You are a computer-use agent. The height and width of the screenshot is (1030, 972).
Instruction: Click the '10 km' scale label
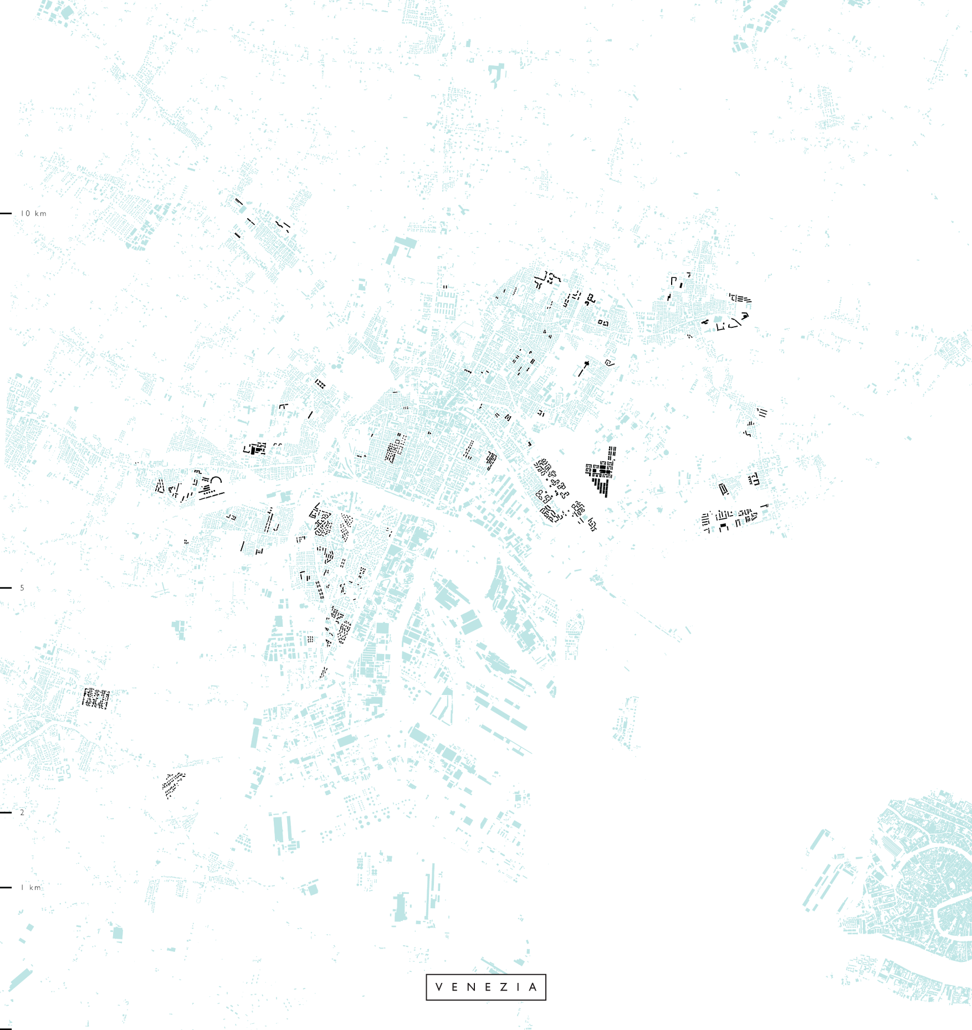tap(33, 213)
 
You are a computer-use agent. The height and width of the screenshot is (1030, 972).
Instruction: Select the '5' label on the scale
tap(22, 588)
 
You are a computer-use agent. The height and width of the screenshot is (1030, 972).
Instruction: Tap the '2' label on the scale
tap(22, 812)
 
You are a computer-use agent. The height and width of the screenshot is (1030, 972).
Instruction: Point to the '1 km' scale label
tap(31, 887)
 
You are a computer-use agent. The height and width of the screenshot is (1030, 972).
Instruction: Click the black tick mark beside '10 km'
tap(6, 213)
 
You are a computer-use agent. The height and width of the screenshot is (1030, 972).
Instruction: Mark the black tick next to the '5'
tap(6, 588)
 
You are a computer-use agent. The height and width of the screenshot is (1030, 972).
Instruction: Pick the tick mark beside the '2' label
tap(6, 812)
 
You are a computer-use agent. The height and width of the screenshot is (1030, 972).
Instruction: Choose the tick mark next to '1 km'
tap(6, 887)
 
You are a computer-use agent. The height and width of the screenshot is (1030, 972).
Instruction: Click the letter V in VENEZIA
tap(439, 987)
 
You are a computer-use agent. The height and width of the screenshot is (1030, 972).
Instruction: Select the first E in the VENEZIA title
tap(456, 987)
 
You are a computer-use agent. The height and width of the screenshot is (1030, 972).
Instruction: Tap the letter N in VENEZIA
tap(472, 987)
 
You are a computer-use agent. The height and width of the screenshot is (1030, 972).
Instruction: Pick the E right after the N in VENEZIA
tap(488, 987)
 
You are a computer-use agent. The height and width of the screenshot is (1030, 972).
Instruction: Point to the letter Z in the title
tap(504, 987)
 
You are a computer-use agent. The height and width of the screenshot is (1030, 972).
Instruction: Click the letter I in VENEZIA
tap(518, 987)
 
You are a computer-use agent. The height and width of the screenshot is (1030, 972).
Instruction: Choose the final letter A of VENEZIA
tap(533, 987)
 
